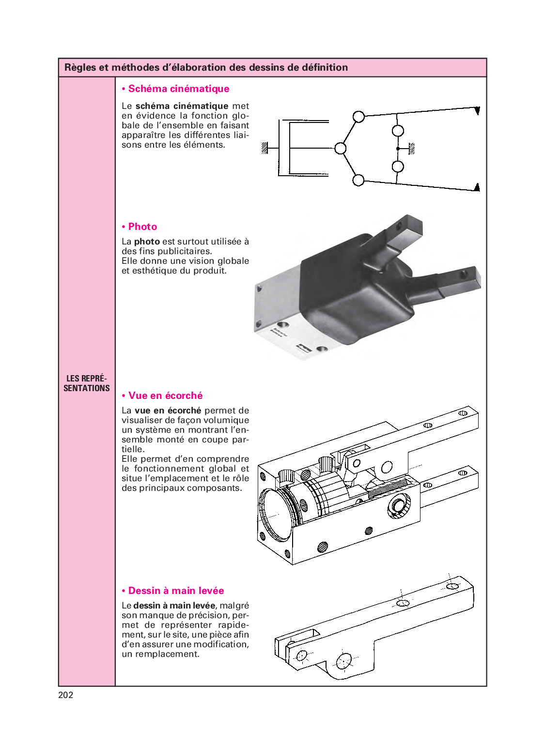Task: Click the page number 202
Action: point(66,695)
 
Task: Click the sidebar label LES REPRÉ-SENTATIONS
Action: point(87,383)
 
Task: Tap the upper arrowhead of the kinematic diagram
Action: point(477,111)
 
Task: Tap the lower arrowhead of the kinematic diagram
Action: point(477,187)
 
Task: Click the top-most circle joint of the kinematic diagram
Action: point(358,117)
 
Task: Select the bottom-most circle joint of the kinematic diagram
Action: point(358,180)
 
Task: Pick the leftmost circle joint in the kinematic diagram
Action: point(341,148)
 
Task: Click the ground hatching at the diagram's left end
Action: point(265,148)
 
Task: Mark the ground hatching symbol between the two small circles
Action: point(412,149)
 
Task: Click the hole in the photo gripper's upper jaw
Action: point(400,226)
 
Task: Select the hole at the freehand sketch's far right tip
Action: point(452,586)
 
